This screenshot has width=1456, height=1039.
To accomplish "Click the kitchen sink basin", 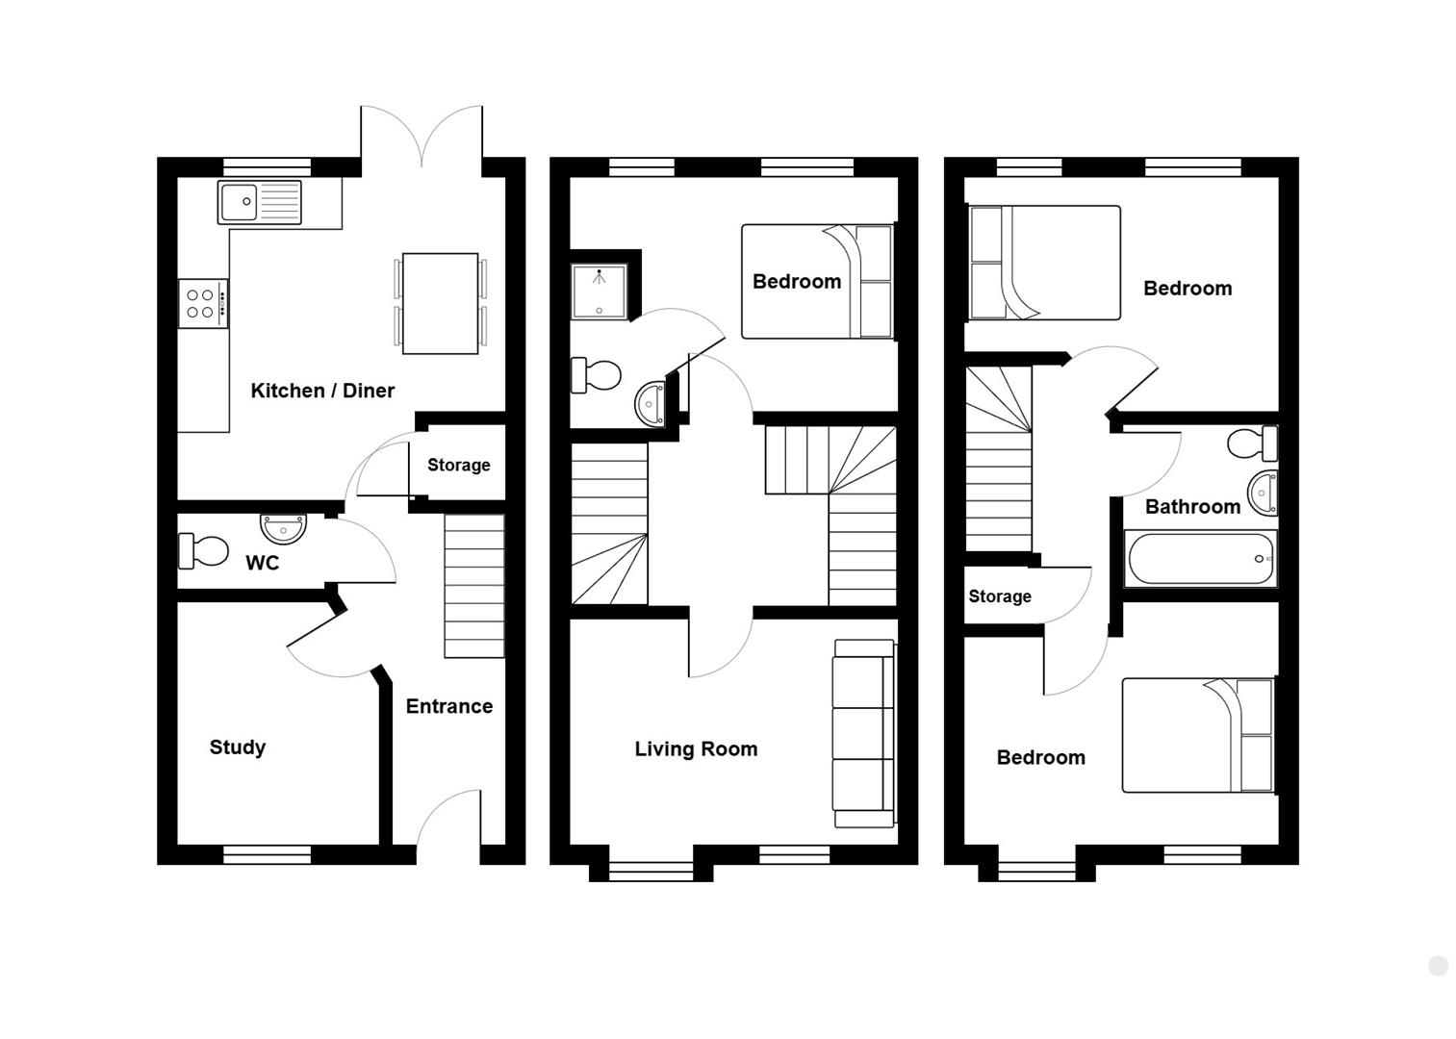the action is [x=239, y=201].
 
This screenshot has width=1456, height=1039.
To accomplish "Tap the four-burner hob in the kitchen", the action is [x=203, y=303].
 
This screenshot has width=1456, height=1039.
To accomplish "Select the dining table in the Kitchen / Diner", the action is [x=440, y=303].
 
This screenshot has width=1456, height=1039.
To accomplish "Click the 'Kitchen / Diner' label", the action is [x=322, y=391].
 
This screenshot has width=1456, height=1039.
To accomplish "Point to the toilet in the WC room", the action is [x=203, y=550].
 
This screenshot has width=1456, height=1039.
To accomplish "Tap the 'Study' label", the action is [x=238, y=748].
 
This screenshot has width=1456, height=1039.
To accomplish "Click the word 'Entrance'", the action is [x=449, y=706].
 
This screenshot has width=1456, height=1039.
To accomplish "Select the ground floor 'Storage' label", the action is [x=459, y=466].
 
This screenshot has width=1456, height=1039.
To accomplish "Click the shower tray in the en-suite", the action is [x=600, y=291].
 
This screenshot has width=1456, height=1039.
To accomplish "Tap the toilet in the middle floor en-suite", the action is [x=596, y=375].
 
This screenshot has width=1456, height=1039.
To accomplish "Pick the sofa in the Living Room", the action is [x=864, y=733].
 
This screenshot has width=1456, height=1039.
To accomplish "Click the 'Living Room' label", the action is [x=696, y=749].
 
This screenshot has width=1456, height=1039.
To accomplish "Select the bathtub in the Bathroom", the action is [x=1201, y=558].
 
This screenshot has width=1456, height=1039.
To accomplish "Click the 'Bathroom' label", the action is [x=1192, y=507].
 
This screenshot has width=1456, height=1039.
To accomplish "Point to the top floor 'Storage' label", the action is [x=1000, y=596].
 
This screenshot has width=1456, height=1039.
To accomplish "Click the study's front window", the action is [x=268, y=854].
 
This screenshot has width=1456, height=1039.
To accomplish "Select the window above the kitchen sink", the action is [x=268, y=167].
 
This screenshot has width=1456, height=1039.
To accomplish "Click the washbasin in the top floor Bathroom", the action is [x=1263, y=494].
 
